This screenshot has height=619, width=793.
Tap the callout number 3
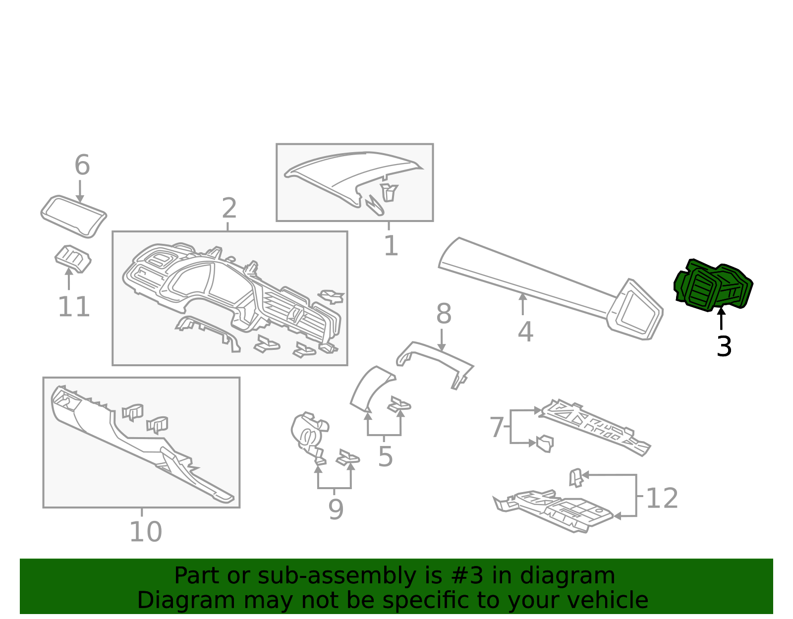click(x=724, y=346)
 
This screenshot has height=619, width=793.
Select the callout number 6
click(x=82, y=165)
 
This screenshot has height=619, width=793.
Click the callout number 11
click(x=74, y=307)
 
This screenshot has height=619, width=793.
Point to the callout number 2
click(x=229, y=208)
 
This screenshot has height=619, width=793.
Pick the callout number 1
click(x=391, y=246)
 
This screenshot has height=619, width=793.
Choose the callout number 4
click(x=525, y=332)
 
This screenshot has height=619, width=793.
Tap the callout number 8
click(x=444, y=314)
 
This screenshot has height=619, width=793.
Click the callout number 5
click(x=385, y=456)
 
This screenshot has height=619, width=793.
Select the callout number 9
click(x=336, y=509)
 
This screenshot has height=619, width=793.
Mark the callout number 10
click(x=145, y=532)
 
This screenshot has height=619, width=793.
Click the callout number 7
click(x=497, y=427)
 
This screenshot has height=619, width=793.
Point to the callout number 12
click(x=662, y=498)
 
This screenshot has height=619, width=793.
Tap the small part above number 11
click(x=73, y=258)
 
